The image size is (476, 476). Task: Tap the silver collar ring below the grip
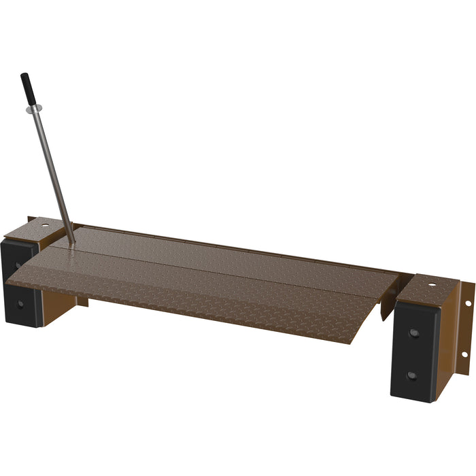(x=35, y=109)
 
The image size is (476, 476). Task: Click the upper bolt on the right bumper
(x=413, y=333)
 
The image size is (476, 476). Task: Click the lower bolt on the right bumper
(x=411, y=375)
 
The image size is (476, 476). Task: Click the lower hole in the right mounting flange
(x=464, y=354)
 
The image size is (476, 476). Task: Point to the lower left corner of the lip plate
(x=7, y=280)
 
